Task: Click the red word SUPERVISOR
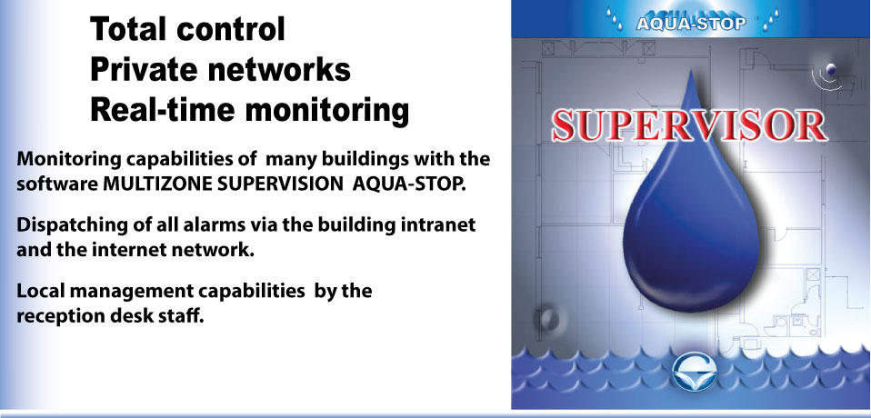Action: (x=689, y=126)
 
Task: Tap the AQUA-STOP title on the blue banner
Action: (x=690, y=24)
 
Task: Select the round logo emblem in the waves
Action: (x=694, y=372)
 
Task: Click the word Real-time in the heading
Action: (x=163, y=110)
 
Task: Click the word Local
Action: (x=39, y=290)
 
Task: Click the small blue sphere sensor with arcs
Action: (x=830, y=69)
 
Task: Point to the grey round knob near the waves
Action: (x=548, y=319)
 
